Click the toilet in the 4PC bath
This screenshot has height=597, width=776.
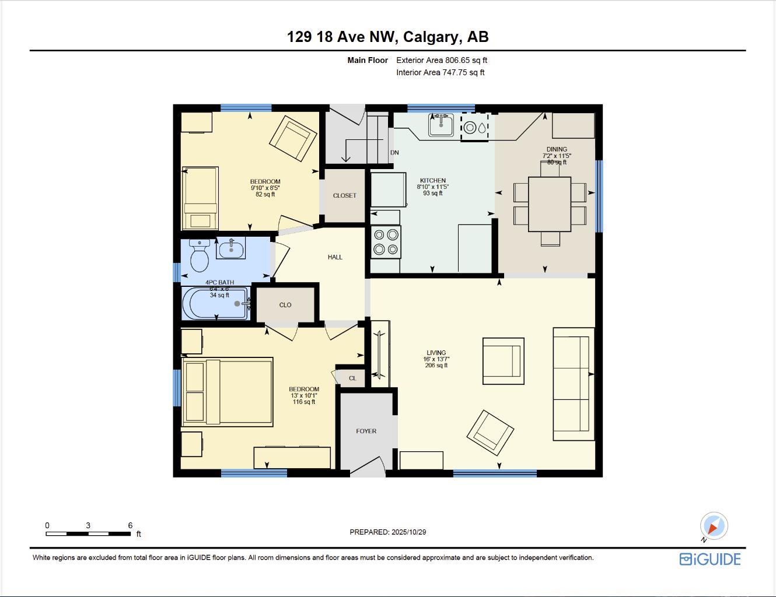tap(200, 257)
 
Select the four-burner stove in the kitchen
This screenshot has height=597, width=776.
tap(386, 242)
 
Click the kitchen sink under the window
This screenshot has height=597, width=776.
tap(441, 125)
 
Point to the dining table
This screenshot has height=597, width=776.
tap(550, 204)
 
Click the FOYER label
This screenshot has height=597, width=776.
tap(366, 431)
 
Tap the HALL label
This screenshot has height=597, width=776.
tap(335, 257)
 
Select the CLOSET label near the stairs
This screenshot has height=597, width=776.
tap(344, 196)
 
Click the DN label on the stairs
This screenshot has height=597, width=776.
tap(394, 153)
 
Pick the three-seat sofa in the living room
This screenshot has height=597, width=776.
tap(573, 384)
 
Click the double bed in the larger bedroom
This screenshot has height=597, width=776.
tap(228, 391)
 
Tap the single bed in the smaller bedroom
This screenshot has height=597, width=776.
tap(200, 198)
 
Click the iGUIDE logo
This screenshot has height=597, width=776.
tap(710, 559)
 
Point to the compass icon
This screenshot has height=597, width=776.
tap(713, 526)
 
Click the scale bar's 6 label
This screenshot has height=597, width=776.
tap(130, 525)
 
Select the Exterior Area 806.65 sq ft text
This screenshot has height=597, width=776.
tap(442, 60)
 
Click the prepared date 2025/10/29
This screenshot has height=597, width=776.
tap(408, 532)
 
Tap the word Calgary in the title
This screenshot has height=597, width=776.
tap(431, 37)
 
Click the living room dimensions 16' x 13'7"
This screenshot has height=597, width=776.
tap(436, 359)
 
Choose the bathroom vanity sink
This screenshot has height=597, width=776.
tap(231, 249)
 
